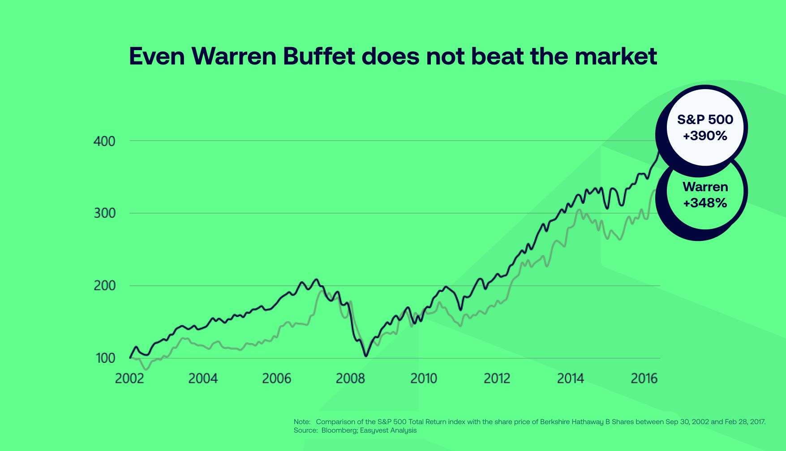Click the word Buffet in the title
pyautogui.click(x=319, y=56)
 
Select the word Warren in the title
pyautogui.click(x=234, y=56)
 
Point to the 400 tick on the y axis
pyautogui.click(x=104, y=142)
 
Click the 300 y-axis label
pyautogui.click(x=104, y=214)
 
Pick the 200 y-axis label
pyautogui.click(x=104, y=286)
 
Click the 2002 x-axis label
pyautogui.click(x=129, y=379)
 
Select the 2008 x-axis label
pyautogui.click(x=350, y=379)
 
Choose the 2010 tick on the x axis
pyautogui.click(x=424, y=379)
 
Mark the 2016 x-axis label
pyautogui.click(x=644, y=379)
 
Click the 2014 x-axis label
pyautogui.click(x=571, y=379)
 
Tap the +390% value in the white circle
pyautogui.click(x=705, y=136)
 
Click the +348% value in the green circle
pyautogui.click(x=705, y=203)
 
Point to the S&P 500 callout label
pyautogui.click(x=705, y=120)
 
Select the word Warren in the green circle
pyautogui.click(x=705, y=187)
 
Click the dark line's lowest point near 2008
pyautogui.click(x=366, y=356)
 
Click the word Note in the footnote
pyautogui.click(x=301, y=422)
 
